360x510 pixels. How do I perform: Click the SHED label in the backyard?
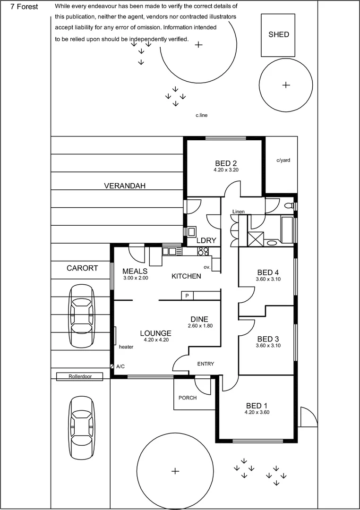[x=278, y=34]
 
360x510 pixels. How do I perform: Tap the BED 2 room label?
[x=225, y=163]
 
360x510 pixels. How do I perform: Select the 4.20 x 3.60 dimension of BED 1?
[x=257, y=412]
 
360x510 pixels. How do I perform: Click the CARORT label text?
[x=82, y=268]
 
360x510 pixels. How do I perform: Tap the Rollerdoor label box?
[x=79, y=376]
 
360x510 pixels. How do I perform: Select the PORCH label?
[x=187, y=398]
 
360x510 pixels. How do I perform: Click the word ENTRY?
[x=206, y=364]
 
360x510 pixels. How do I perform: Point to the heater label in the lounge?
[x=126, y=347]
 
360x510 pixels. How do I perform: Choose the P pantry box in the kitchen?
[x=187, y=296]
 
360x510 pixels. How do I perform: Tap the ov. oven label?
[x=206, y=267]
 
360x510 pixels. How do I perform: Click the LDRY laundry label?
[x=206, y=240]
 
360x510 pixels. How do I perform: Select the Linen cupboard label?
[x=239, y=212]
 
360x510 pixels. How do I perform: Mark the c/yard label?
[x=283, y=160]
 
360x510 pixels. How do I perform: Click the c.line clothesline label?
[x=202, y=115]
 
